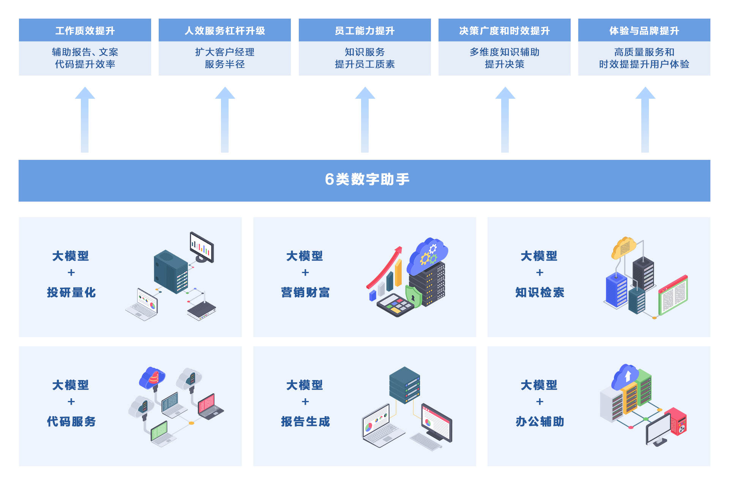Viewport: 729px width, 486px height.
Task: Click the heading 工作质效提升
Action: click(85, 30)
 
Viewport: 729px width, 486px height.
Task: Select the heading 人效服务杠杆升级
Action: click(225, 30)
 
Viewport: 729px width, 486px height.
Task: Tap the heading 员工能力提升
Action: click(364, 30)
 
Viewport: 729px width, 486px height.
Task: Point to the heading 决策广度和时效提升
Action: click(504, 30)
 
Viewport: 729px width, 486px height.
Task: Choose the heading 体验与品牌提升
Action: click(644, 30)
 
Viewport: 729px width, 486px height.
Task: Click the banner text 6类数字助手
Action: click(367, 179)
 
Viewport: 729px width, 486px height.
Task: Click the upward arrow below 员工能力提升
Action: click(365, 120)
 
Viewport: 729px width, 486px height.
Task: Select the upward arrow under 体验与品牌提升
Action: click(645, 120)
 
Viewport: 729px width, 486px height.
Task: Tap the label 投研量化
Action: click(71, 292)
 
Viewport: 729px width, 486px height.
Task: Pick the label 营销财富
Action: click(305, 292)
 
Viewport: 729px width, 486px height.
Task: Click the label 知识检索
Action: click(540, 292)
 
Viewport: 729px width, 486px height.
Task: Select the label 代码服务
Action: click(71, 421)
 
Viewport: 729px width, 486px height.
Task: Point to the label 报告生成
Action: click(305, 421)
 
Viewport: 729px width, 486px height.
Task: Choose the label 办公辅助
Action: click(540, 421)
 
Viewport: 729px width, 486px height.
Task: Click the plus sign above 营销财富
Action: click(305, 273)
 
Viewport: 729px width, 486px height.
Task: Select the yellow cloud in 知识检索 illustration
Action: click(623, 248)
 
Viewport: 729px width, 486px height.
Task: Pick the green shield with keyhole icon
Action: click(413, 297)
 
